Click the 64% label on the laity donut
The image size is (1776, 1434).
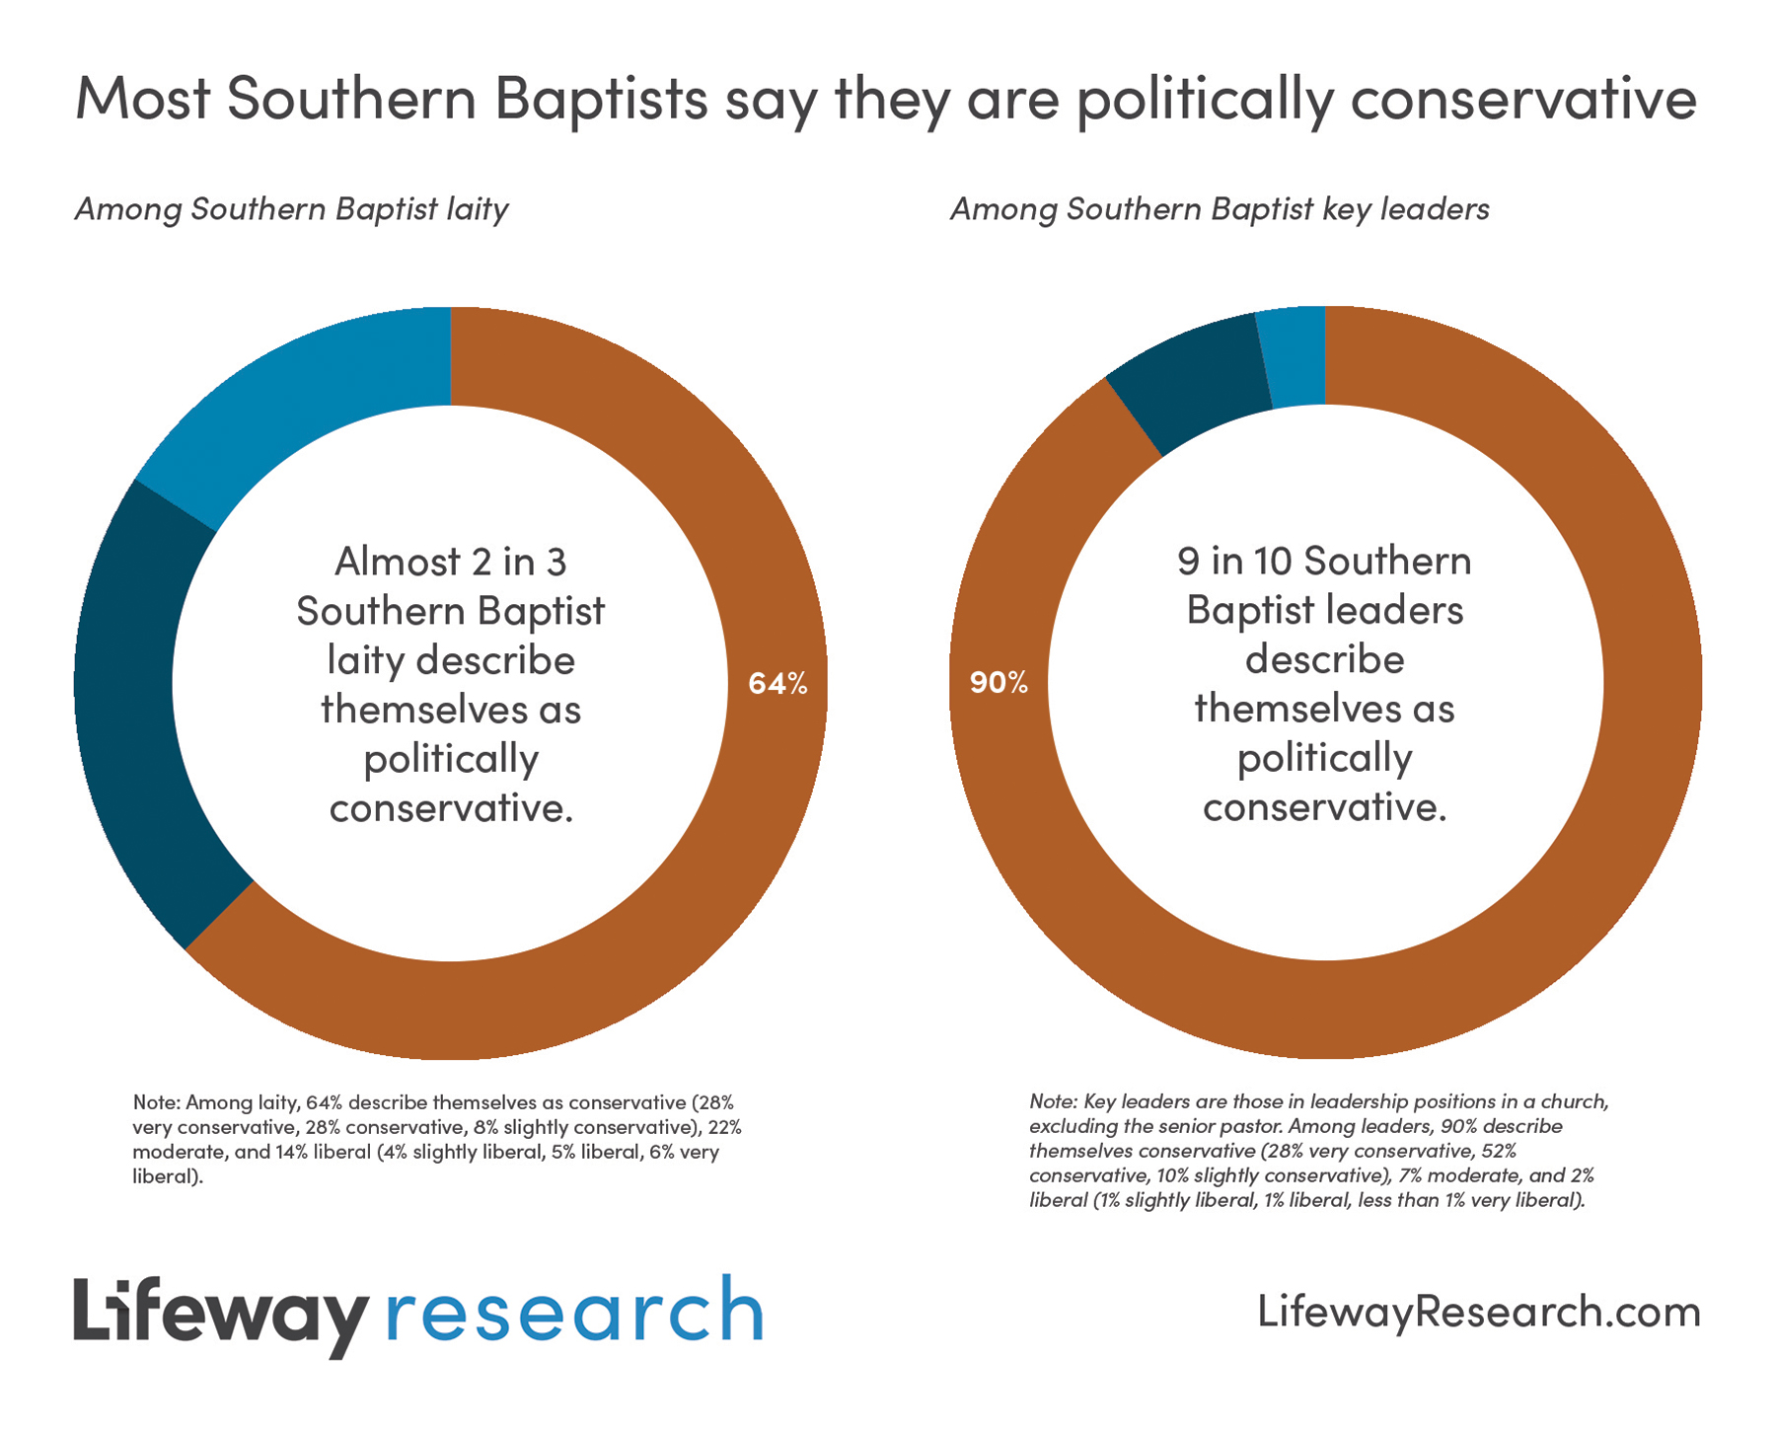(x=777, y=683)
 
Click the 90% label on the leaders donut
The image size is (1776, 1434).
(x=999, y=682)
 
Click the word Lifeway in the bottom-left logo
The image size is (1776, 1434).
(x=219, y=1314)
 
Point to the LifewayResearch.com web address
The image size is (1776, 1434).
(x=1478, y=1312)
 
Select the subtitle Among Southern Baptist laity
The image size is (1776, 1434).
(x=292, y=209)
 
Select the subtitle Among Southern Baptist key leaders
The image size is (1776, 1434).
(x=1220, y=209)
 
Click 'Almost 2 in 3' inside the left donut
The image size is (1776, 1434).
(x=451, y=562)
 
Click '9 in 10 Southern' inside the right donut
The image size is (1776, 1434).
(x=1324, y=562)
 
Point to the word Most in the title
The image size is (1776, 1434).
(x=142, y=99)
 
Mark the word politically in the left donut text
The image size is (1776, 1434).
(x=451, y=759)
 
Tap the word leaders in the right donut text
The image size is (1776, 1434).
(x=1401, y=610)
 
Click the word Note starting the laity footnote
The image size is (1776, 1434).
(x=154, y=1101)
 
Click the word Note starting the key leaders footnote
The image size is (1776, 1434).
(x=1051, y=1100)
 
